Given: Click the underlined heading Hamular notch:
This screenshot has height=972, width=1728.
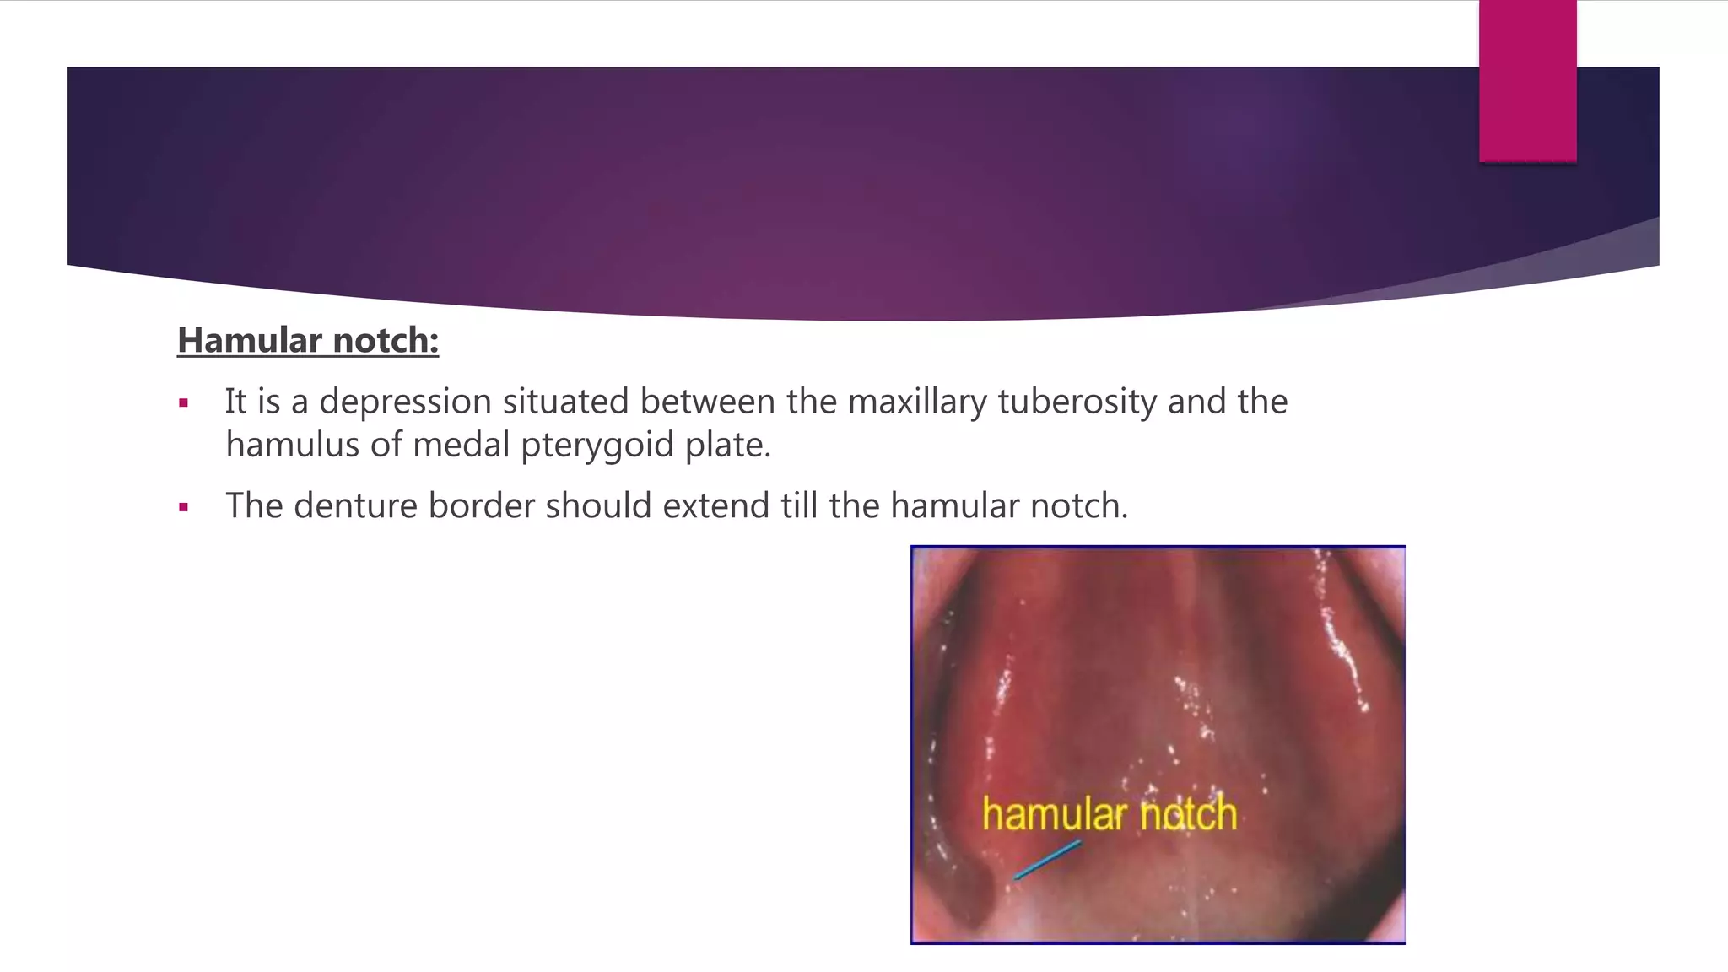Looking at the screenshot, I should [x=308, y=340].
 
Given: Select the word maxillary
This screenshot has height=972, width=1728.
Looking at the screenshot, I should [x=917, y=402].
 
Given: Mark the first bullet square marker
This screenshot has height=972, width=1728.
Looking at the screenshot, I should [x=183, y=403].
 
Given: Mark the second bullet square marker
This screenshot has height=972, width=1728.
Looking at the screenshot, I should [x=183, y=508].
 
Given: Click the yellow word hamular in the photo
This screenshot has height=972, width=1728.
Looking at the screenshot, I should [x=1055, y=815].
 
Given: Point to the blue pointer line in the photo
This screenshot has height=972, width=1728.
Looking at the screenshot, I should [x=1047, y=860].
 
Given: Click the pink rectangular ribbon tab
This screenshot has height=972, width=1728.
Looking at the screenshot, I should [x=1527, y=81].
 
